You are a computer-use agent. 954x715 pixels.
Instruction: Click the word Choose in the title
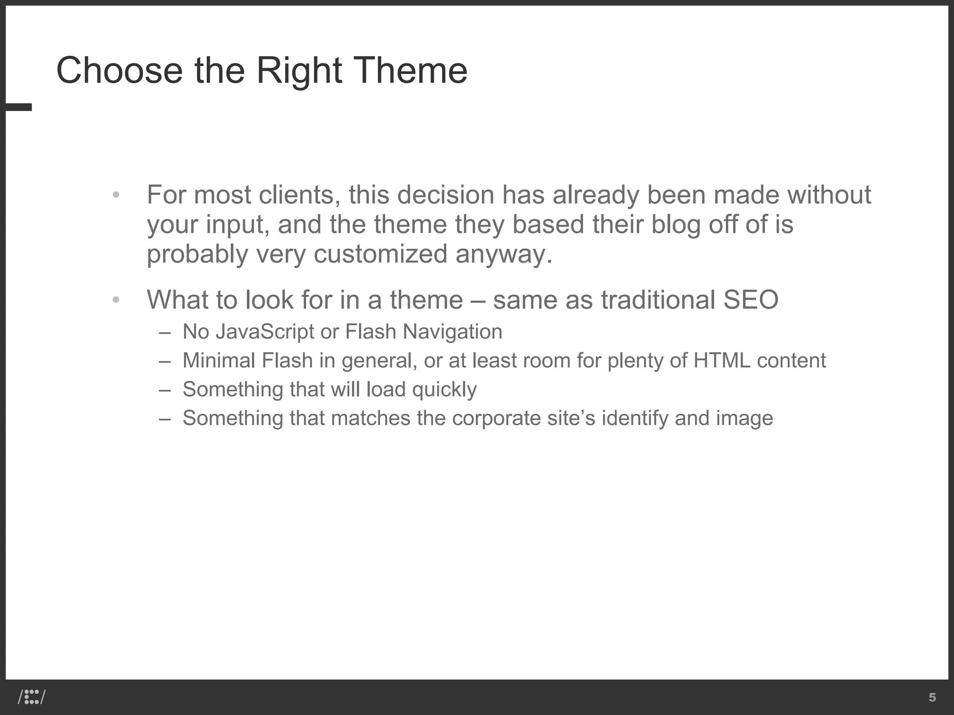point(119,70)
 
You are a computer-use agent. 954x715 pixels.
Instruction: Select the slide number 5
point(932,697)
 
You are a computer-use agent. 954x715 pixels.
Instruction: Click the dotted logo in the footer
point(32,697)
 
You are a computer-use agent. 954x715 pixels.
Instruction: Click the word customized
point(380,254)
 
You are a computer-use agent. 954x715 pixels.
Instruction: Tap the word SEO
point(751,299)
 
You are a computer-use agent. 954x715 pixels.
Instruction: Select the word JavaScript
point(265,331)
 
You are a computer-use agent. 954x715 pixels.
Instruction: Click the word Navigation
point(452,331)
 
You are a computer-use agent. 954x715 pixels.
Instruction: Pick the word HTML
point(722,360)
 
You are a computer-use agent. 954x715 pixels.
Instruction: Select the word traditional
point(658,299)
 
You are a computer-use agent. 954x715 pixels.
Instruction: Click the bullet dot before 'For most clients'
point(116,195)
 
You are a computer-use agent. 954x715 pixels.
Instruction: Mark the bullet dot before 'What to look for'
point(116,300)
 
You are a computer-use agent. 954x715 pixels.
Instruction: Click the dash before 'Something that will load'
point(164,390)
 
